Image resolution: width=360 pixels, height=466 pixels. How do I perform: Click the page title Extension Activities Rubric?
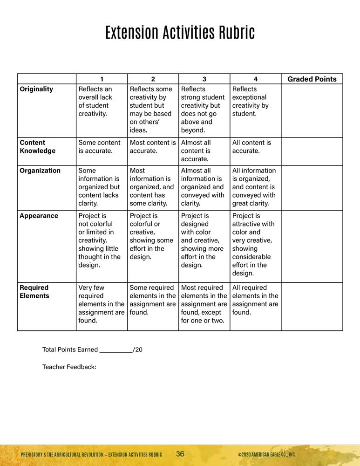click(x=180, y=33)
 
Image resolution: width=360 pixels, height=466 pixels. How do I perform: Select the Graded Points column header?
click(x=312, y=79)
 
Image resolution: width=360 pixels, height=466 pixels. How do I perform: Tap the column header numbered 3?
click(x=204, y=79)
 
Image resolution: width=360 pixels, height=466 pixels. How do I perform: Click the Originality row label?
click(x=36, y=89)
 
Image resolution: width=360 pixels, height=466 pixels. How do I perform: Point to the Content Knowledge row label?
click(x=37, y=147)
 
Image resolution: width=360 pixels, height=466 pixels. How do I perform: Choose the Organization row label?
click(x=40, y=171)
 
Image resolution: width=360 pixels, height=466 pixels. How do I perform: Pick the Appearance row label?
click(x=39, y=216)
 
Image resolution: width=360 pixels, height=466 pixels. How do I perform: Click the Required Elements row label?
click(x=34, y=292)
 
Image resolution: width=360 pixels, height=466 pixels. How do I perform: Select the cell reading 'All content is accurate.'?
click(x=251, y=147)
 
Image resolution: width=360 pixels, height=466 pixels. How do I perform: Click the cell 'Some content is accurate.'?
click(x=99, y=147)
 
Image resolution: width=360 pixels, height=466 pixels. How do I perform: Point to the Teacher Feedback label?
click(x=69, y=367)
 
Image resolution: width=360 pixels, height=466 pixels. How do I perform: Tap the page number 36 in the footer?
click(x=180, y=454)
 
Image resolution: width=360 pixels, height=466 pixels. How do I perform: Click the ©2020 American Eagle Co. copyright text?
click(x=266, y=454)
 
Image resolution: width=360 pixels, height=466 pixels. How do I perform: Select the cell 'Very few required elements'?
click(x=101, y=304)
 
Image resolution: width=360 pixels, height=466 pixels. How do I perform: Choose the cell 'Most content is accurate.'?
click(x=153, y=147)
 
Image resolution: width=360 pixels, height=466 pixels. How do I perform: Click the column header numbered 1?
click(x=102, y=79)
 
